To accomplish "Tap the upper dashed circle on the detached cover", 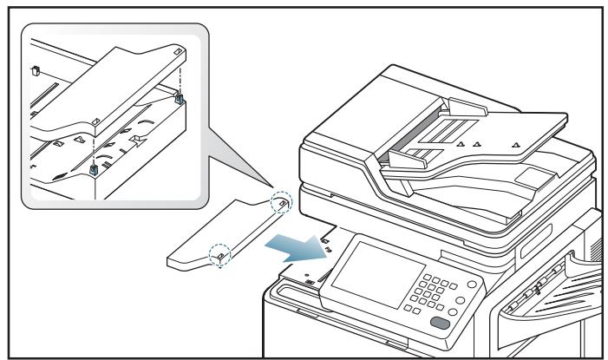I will pos(282,202).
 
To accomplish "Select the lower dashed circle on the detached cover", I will pos(220,255).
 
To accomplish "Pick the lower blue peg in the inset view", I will pos(93,167).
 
